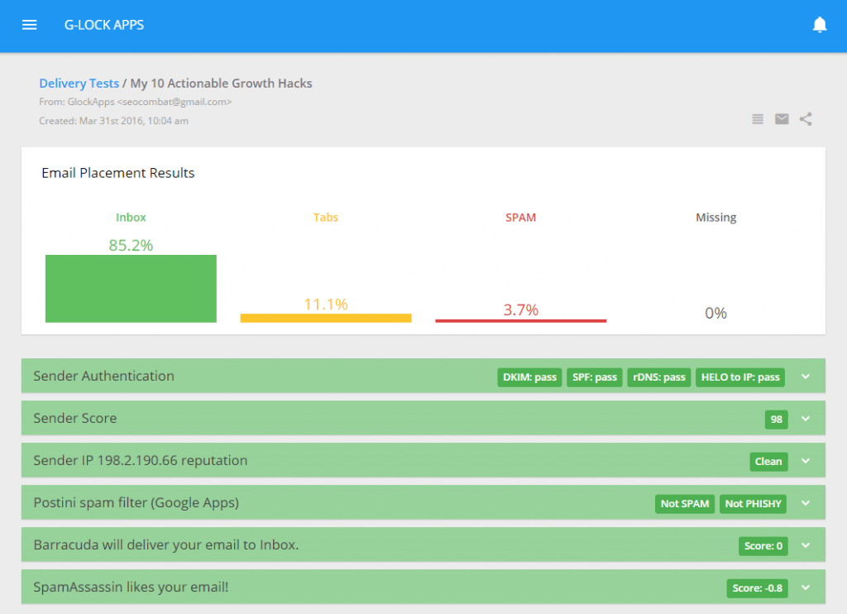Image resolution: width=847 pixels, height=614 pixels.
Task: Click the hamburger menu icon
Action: pyautogui.click(x=30, y=25)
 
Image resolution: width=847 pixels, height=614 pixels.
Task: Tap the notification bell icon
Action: pyautogui.click(x=820, y=25)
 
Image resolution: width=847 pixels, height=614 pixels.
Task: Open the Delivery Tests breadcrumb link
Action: pyautogui.click(x=79, y=84)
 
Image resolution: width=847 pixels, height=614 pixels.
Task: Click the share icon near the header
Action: pyautogui.click(x=806, y=119)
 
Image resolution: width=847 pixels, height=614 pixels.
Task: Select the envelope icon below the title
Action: pyautogui.click(x=782, y=119)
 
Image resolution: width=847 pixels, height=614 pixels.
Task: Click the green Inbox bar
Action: pyautogui.click(x=131, y=288)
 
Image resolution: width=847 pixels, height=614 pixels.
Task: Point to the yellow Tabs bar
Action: pyautogui.click(x=326, y=318)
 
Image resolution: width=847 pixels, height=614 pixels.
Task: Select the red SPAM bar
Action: pyautogui.click(x=521, y=320)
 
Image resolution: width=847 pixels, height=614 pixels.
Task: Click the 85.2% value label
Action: pyautogui.click(x=131, y=245)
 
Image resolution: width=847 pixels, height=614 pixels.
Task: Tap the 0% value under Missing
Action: pyautogui.click(x=715, y=313)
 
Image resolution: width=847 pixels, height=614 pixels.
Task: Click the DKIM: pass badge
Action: pyautogui.click(x=529, y=377)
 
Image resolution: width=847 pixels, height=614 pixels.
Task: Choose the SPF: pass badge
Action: pyautogui.click(x=595, y=377)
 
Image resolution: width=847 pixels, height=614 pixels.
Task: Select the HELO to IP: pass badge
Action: pyautogui.click(x=740, y=377)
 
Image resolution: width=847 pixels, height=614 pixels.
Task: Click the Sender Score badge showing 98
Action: pyautogui.click(x=777, y=420)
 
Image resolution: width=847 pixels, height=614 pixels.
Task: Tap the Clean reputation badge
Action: pyautogui.click(x=768, y=462)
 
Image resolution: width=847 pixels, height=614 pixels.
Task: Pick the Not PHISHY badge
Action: pyautogui.click(x=753, y=504)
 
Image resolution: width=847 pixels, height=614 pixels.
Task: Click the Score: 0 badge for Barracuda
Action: pyautogui.click(x=763, y=546)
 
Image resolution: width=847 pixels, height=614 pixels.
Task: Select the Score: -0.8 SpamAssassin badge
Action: pyautogui.click(x=758, y=588)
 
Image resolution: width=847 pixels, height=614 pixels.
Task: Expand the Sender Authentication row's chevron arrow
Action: pyautogui.click(x=806, y=377)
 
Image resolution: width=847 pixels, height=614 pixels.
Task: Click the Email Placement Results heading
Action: pyautogui.click(x=118, y=173)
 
